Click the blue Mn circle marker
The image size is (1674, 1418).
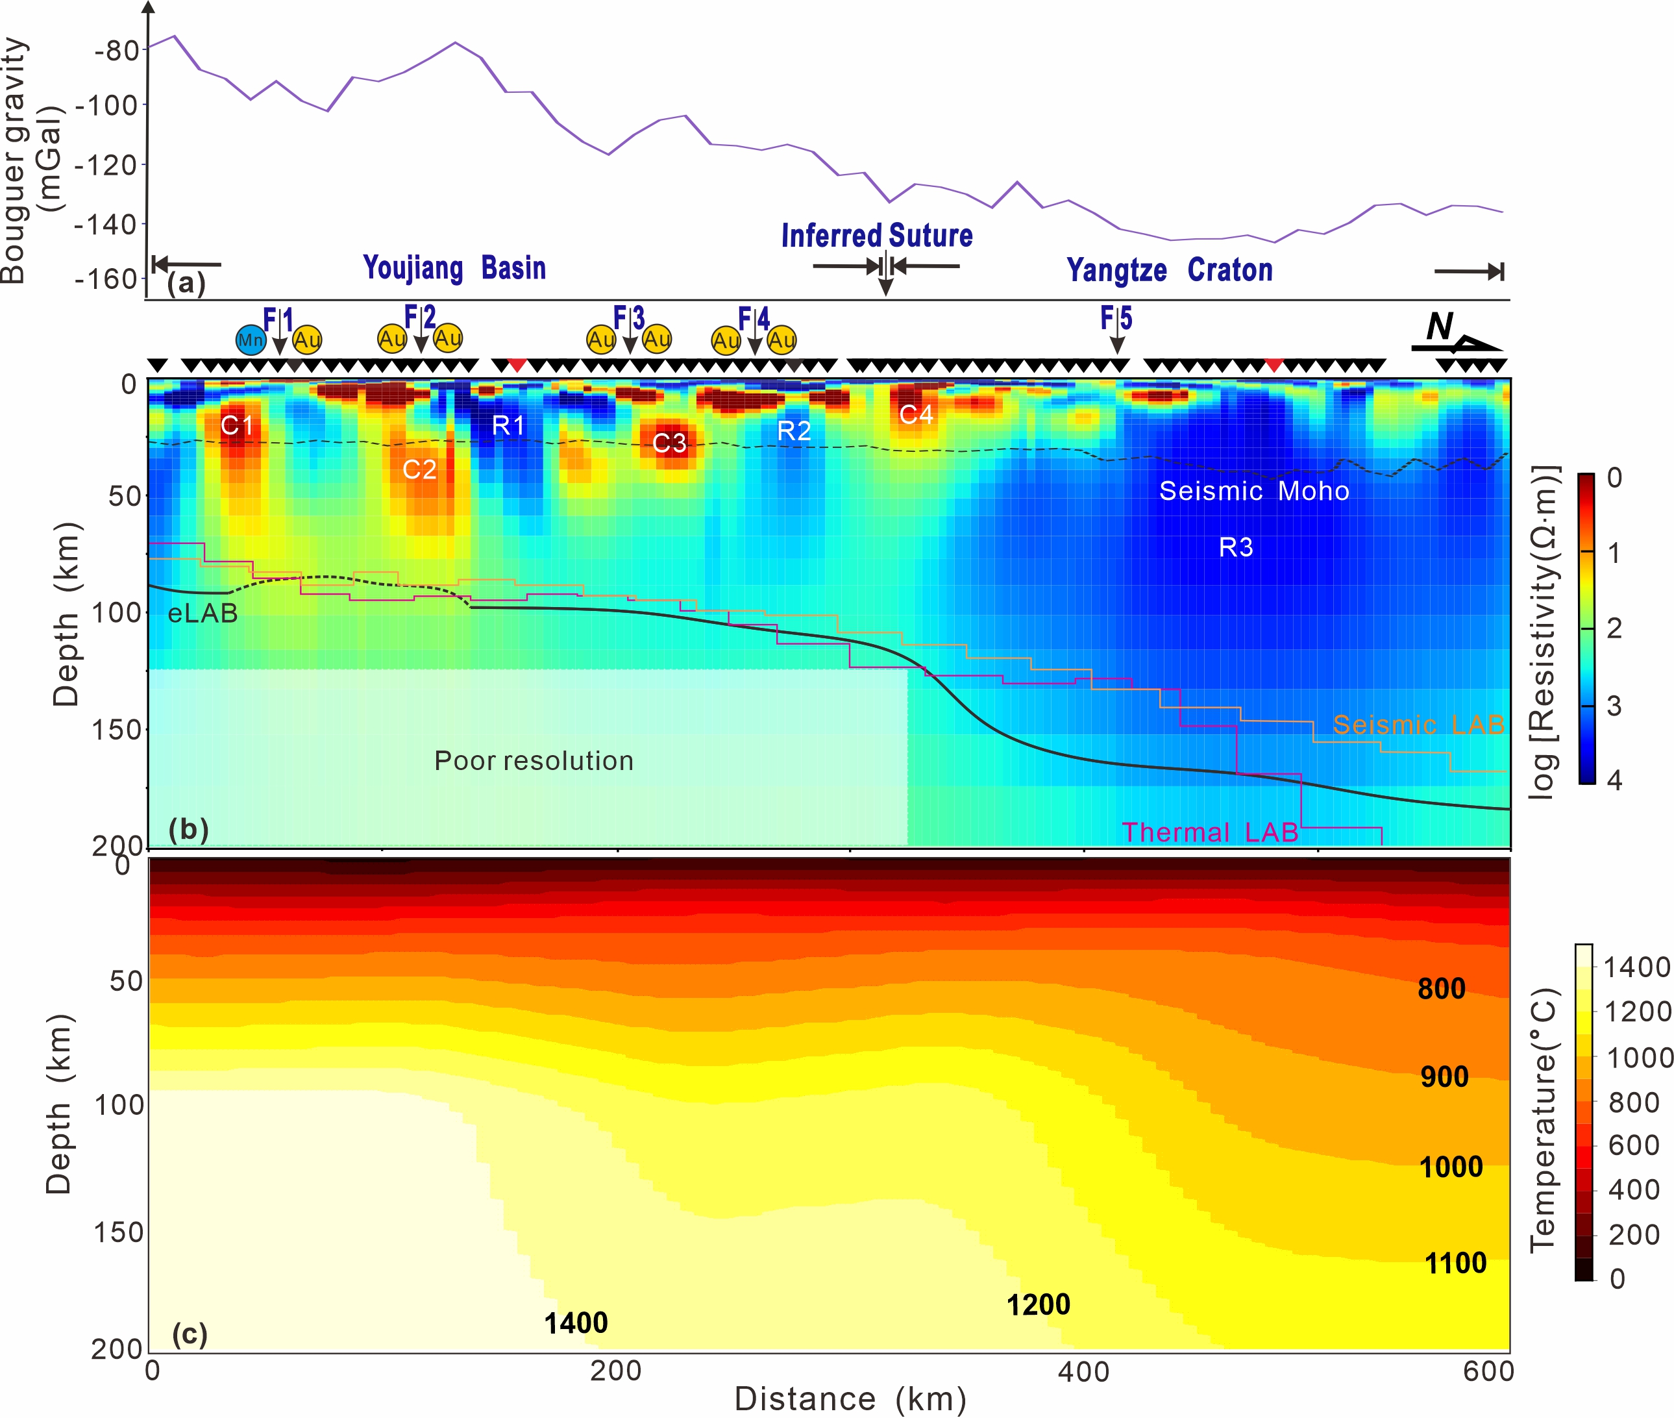click(x=250, y=340)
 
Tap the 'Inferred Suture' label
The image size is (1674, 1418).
click(x=877, y=236)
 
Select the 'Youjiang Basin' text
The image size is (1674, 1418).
click(x=454, y=267)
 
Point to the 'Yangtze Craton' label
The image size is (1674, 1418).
click(x=1169, y=270)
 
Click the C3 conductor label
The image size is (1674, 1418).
click(x=669, y=442)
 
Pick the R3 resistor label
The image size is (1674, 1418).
click(x=1235, y=547)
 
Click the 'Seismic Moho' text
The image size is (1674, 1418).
click(x=1253, y=490)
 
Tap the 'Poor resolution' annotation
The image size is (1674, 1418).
click(x=534, y=760)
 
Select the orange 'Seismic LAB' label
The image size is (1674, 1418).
click(x=1418, y=725)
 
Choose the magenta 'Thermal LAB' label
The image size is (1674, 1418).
click(x=1209, y=832)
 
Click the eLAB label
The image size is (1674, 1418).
click(x=203, y=614)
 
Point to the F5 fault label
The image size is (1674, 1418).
click(x=1116, y=318)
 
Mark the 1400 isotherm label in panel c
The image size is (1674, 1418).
click(x=575, y=1323)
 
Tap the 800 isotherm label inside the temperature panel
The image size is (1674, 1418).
click(x=1441, y=989)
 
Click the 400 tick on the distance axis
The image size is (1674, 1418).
click(x=1083, y=1371)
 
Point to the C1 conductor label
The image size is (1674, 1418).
click(x=237, y=425)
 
